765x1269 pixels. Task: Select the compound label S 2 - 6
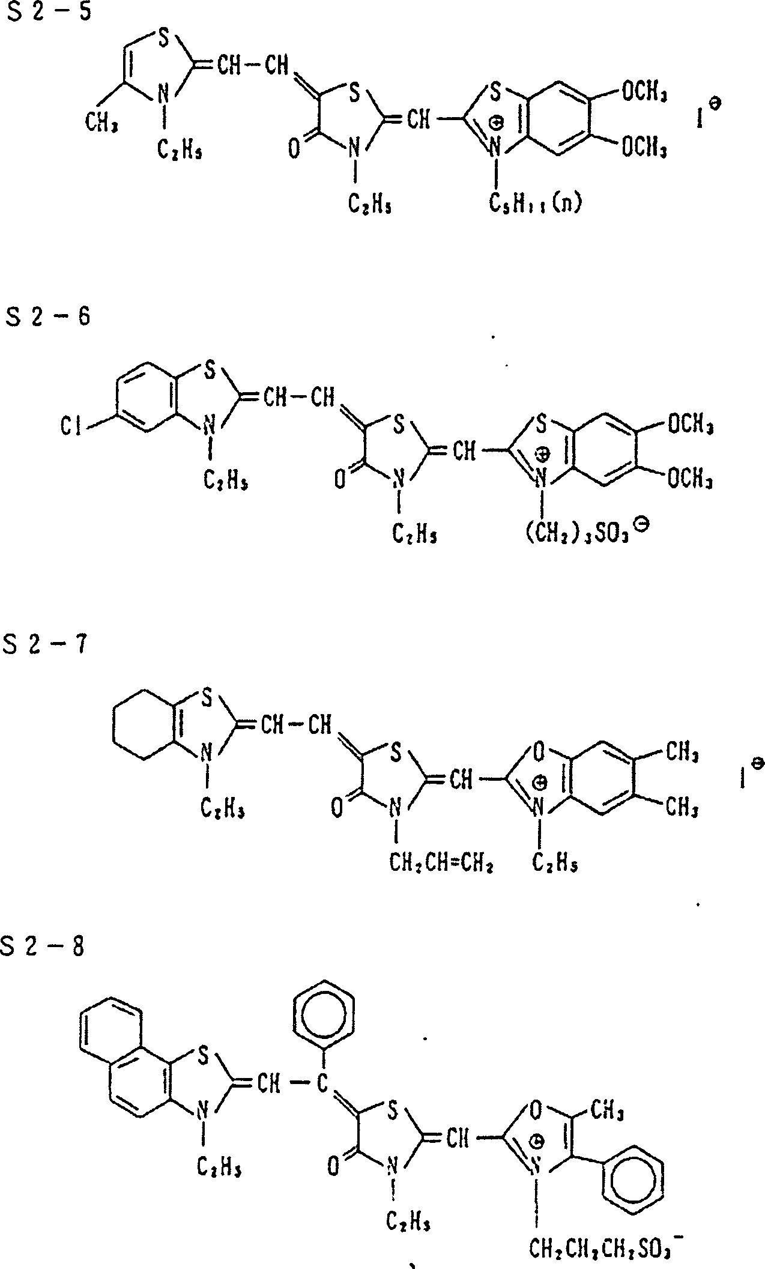[x=48, y=316]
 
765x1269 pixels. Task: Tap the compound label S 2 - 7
[x=45, y=646]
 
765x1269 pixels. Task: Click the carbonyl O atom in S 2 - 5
[x=294, y=148]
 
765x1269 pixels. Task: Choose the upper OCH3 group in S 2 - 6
[x=690, y=426]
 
